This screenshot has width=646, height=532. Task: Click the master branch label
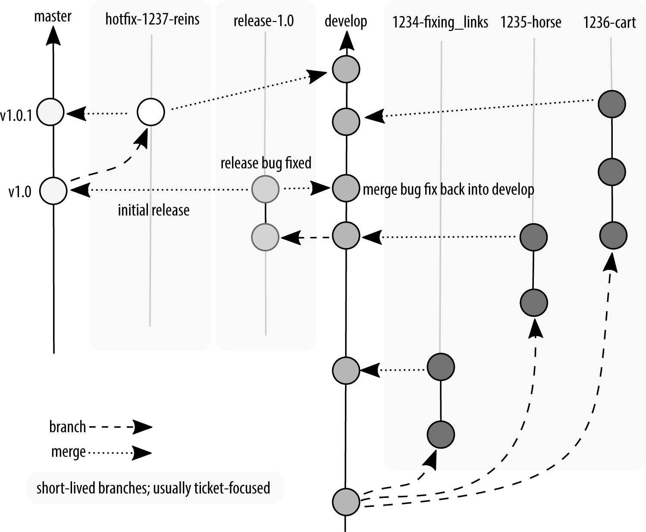pos(53,17)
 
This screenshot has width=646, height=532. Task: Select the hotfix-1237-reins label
pos(152,19)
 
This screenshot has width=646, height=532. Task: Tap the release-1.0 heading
pos(263,21)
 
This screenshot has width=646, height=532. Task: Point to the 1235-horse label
pos(531,22)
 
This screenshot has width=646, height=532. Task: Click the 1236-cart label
pos(609,22)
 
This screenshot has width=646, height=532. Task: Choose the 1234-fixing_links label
pos(440,22)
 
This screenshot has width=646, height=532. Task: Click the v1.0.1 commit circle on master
pos(51,112)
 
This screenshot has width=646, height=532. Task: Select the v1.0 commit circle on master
pos(53,190)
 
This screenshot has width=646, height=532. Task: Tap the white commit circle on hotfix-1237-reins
pos(151,112)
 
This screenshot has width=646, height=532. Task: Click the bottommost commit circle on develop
pos(346,502)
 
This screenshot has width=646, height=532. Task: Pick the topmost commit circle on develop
pos(346,69)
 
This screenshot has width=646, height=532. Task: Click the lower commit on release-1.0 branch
pos(265,236)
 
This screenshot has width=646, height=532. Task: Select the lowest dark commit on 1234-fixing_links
pos(441,434)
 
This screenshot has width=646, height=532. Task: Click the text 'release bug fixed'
pos(266,163)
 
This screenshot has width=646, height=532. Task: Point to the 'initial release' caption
pos(154,210)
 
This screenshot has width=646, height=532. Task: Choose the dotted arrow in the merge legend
pos(120,453)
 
